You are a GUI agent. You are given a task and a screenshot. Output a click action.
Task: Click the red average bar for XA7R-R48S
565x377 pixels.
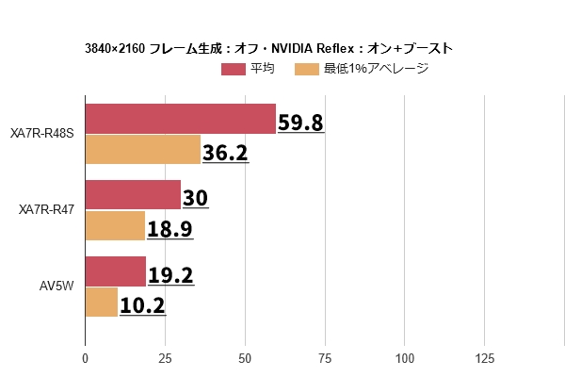(180, 119)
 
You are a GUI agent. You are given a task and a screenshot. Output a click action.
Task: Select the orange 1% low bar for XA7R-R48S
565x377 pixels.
(143, 150)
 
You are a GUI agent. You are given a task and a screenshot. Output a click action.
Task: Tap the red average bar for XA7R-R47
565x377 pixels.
(133, 195)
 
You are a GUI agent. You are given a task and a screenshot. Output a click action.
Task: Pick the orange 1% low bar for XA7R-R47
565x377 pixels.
(115, 226)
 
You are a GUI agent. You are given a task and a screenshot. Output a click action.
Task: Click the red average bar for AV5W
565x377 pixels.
(115, 271)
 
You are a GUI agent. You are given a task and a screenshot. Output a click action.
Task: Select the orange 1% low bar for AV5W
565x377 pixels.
(102, 303)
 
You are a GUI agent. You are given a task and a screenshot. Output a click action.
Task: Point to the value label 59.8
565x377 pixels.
(300, 123)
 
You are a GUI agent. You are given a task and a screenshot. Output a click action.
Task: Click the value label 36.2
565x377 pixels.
(225, 153)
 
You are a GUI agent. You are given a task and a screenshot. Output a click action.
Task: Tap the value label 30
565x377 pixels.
(195, 199)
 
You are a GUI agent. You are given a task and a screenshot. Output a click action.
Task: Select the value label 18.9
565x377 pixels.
(169, 229)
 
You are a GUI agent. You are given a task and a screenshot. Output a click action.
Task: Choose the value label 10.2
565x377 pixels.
(142, 305)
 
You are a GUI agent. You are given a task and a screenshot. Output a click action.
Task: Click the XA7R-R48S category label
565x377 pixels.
(41, 134)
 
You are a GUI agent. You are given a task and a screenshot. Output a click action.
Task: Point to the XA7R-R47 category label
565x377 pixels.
(46, 210)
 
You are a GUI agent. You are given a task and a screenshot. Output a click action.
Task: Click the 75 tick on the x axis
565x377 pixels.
(325, 358)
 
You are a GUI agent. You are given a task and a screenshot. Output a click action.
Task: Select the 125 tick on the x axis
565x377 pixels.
(484, 358)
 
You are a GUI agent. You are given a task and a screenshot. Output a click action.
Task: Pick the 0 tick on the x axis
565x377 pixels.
(85, 358)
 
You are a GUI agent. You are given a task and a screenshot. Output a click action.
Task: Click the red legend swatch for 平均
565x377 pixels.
(234, 69)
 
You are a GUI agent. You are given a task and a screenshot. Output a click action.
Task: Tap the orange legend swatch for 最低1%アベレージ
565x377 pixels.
(307, 69)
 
